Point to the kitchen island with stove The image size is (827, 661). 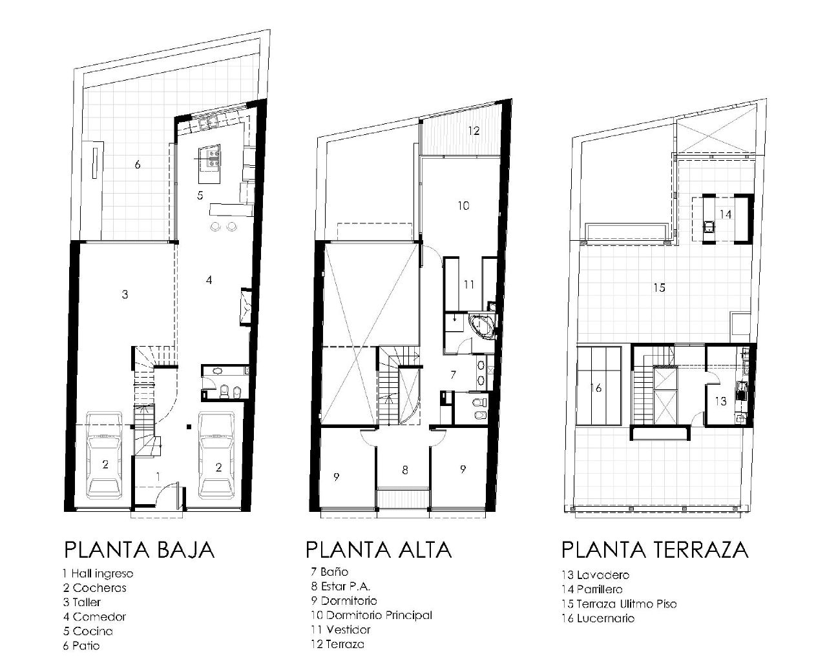(210, 158)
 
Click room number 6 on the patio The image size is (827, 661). (138, 165)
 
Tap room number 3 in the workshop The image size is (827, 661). (125, 294)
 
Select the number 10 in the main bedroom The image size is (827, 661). (463, 206)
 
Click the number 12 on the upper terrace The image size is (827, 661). (474, 131)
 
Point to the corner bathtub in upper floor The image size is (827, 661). (481, 325)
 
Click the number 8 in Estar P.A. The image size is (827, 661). (405, 470)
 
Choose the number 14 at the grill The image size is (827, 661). (726, 214)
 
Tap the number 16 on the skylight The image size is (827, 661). (596, 388)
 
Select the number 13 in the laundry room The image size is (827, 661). (721, 401)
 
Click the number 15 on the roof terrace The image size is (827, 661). (659, 288)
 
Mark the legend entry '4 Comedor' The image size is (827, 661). (94, 616)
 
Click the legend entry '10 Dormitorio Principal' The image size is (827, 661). (371, 615)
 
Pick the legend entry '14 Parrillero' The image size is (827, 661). (592, 589)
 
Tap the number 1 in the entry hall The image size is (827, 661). (158, 476)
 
